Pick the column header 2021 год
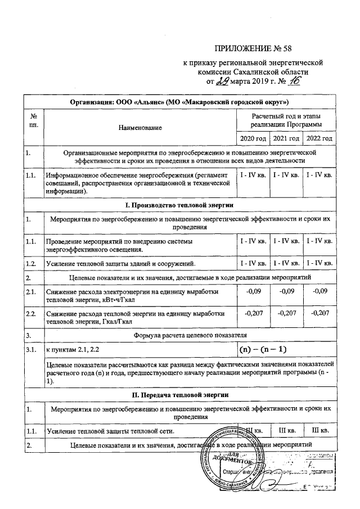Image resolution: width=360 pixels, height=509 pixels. click(x=286, y=138)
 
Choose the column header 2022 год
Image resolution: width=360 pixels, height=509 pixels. click(x=319, y=138)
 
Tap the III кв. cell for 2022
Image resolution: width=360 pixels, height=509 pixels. click(x=319, y=431)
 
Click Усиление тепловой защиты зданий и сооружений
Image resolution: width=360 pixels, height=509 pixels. click(x=121, y=263)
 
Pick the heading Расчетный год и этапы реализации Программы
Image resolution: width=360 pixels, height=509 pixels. click(x=286, y=120)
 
